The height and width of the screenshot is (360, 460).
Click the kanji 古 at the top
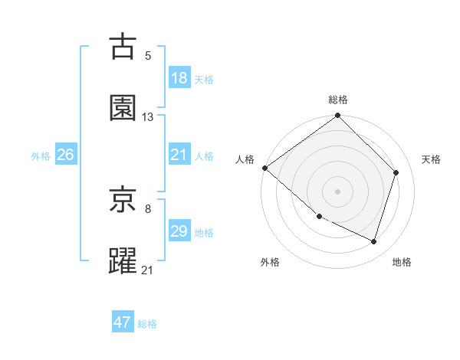point(123,47)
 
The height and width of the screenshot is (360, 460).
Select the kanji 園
point(123,108)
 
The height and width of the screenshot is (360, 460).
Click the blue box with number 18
point(179,78)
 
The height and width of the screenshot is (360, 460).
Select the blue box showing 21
point(179,155)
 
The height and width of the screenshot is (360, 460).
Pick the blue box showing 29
point(179,231)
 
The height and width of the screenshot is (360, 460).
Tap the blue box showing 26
point(65,155)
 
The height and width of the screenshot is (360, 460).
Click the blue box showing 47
point(122,322)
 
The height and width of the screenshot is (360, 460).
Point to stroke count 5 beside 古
point(148,55)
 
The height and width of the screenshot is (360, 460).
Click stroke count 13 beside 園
point(148,116)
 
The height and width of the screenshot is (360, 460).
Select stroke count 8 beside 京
point(148,208)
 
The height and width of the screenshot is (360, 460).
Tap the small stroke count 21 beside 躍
point(148,269)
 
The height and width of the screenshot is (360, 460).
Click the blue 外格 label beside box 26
point(41,155)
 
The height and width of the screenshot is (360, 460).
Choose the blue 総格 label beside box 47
point(147,324)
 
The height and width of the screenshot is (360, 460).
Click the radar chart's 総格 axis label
point(338,100)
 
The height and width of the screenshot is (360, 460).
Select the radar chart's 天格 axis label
point(431,159)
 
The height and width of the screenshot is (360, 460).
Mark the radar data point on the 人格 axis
point(264,168)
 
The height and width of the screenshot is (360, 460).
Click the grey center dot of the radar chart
point(338,191)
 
